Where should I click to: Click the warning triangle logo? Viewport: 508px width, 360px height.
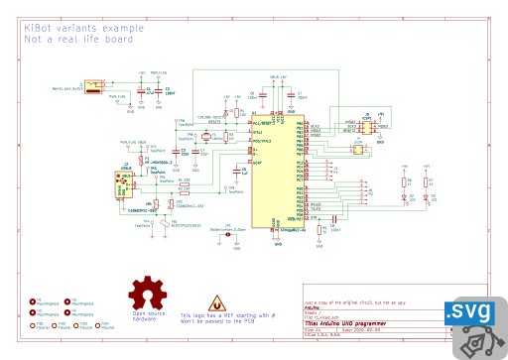[x=214, y=301]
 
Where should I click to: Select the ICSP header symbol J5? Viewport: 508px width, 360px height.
[x=365, y=127]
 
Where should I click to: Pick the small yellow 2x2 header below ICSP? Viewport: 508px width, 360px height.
[x=358, y=149]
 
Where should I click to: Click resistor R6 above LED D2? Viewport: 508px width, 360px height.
[x=405, y=180]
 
